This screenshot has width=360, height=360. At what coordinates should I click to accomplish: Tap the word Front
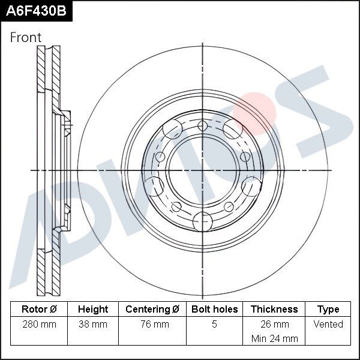point(26,38)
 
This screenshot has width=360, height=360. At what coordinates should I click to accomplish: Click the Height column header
point(93,310)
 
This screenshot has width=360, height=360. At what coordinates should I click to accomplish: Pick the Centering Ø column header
point(152,310)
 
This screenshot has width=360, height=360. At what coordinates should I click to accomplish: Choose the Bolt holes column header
point(214,310)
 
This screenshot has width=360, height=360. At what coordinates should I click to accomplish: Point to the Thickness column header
point(274,310)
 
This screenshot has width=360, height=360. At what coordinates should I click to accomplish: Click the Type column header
point(328,310)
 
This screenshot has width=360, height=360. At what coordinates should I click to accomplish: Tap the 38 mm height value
point(93,325)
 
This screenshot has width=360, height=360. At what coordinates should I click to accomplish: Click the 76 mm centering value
point(152,325)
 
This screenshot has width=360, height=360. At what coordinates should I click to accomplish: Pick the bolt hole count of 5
point(214,325)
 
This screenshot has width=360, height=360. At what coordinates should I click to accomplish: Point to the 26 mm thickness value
point(274,325)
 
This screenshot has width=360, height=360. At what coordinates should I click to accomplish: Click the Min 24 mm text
point(274,338)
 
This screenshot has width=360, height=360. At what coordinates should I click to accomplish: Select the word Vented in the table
point(328,325)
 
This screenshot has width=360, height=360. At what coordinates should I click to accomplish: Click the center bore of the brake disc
point(202,170)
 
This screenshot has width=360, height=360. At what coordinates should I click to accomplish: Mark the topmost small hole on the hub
point(202,125)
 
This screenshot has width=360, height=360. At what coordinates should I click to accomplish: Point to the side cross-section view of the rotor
point(51,171)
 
